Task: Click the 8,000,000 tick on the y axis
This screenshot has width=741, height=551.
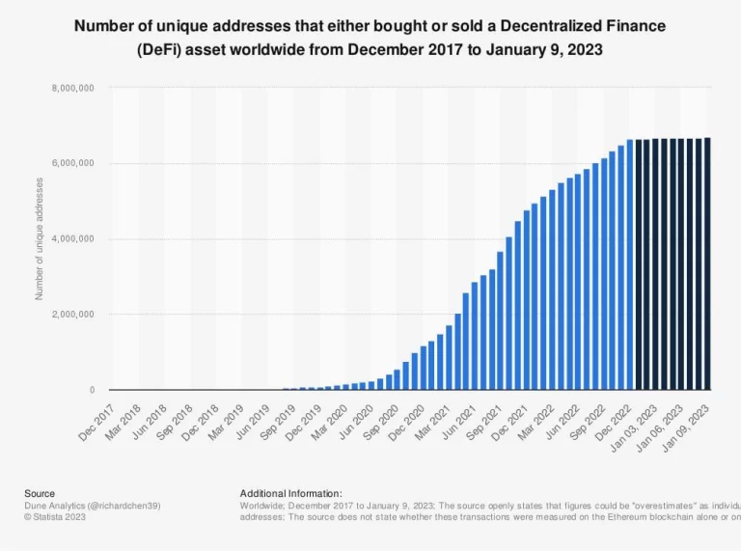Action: point(74,88)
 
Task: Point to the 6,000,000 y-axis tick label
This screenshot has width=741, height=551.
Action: point(74,163)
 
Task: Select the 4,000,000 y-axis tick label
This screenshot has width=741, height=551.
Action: point(74,238)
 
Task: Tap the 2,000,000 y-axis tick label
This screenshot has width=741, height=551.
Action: point(74,315)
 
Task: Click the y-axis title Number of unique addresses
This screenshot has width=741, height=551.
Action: point(40,238)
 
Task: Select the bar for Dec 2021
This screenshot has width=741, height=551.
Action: point(518,306)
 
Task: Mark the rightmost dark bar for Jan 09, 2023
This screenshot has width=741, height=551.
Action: point(707,263)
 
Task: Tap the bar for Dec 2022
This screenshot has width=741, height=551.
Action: point(630,265)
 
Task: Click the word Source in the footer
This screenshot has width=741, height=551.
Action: point(40,493)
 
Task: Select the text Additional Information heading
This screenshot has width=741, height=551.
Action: point(290,493)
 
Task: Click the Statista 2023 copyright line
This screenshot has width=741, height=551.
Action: point(57,516)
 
